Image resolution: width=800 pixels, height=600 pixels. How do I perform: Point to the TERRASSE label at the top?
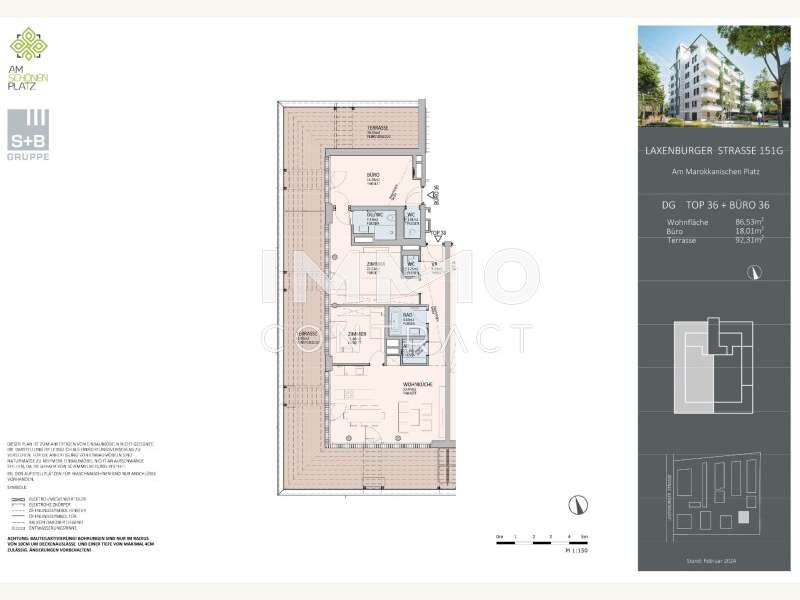pyautogui.click(x=377, y=130)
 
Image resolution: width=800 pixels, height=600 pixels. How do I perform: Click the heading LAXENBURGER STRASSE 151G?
pyautogui.click(x=710, y=151)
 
